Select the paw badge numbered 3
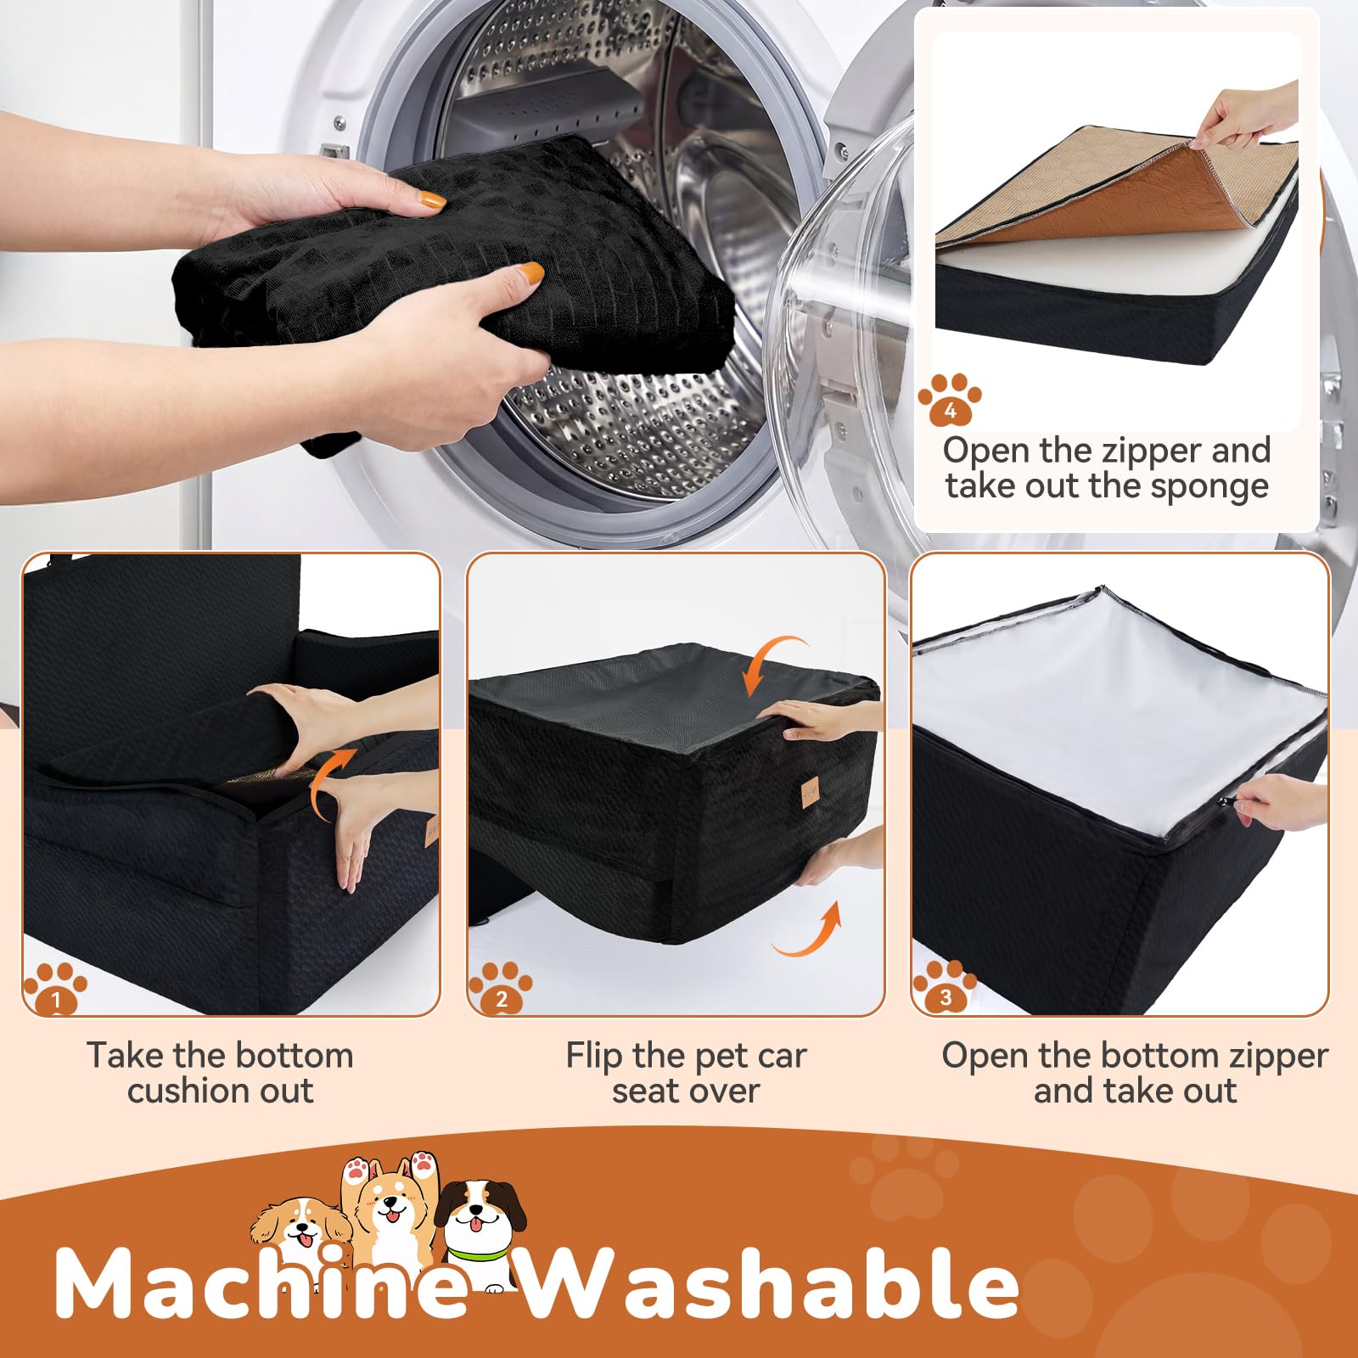(945, 987)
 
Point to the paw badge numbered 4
(950, 400)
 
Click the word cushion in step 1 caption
(187, 1091)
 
